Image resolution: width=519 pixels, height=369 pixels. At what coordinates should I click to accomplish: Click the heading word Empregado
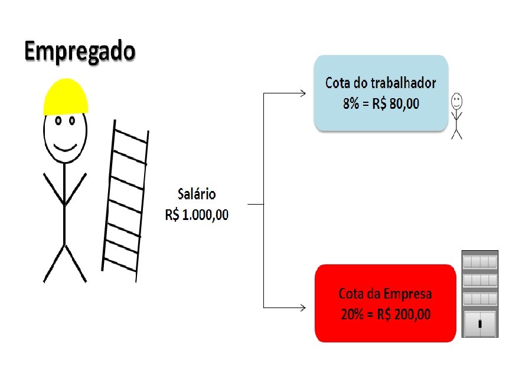(80, 52)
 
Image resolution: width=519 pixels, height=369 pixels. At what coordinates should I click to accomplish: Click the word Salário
(197, 194)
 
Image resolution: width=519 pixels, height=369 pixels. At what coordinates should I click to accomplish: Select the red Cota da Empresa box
(386, 303)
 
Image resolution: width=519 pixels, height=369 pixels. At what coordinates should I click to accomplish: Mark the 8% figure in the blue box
(351, 103)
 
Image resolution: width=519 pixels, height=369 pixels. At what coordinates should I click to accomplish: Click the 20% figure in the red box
(352, 314)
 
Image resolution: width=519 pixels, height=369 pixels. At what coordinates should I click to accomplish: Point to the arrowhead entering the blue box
(303, 93)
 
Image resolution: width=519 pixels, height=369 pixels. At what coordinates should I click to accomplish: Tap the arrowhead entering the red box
(303, 307)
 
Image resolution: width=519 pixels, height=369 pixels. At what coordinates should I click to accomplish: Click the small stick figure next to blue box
(456, 115)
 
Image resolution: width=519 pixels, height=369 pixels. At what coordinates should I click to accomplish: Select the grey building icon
(479, 293)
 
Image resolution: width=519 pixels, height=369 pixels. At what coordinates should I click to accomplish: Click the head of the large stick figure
(65, 133)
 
